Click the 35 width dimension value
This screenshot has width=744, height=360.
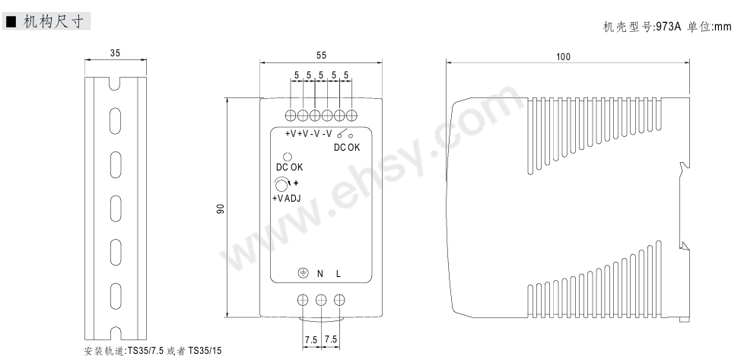(116, 53)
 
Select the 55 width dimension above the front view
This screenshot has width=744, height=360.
(321, 55)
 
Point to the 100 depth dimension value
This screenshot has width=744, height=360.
(563, 57)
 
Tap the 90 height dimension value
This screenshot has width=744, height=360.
(220, 209)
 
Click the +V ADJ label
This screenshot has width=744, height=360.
(287, 199)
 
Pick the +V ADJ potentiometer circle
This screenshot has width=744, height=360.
(281, 185)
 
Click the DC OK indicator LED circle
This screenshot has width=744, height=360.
(287, 157)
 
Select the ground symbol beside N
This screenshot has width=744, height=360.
(303, 273)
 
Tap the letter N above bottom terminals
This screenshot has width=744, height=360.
(320, 273)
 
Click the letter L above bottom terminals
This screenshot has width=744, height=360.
(339, 273)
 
